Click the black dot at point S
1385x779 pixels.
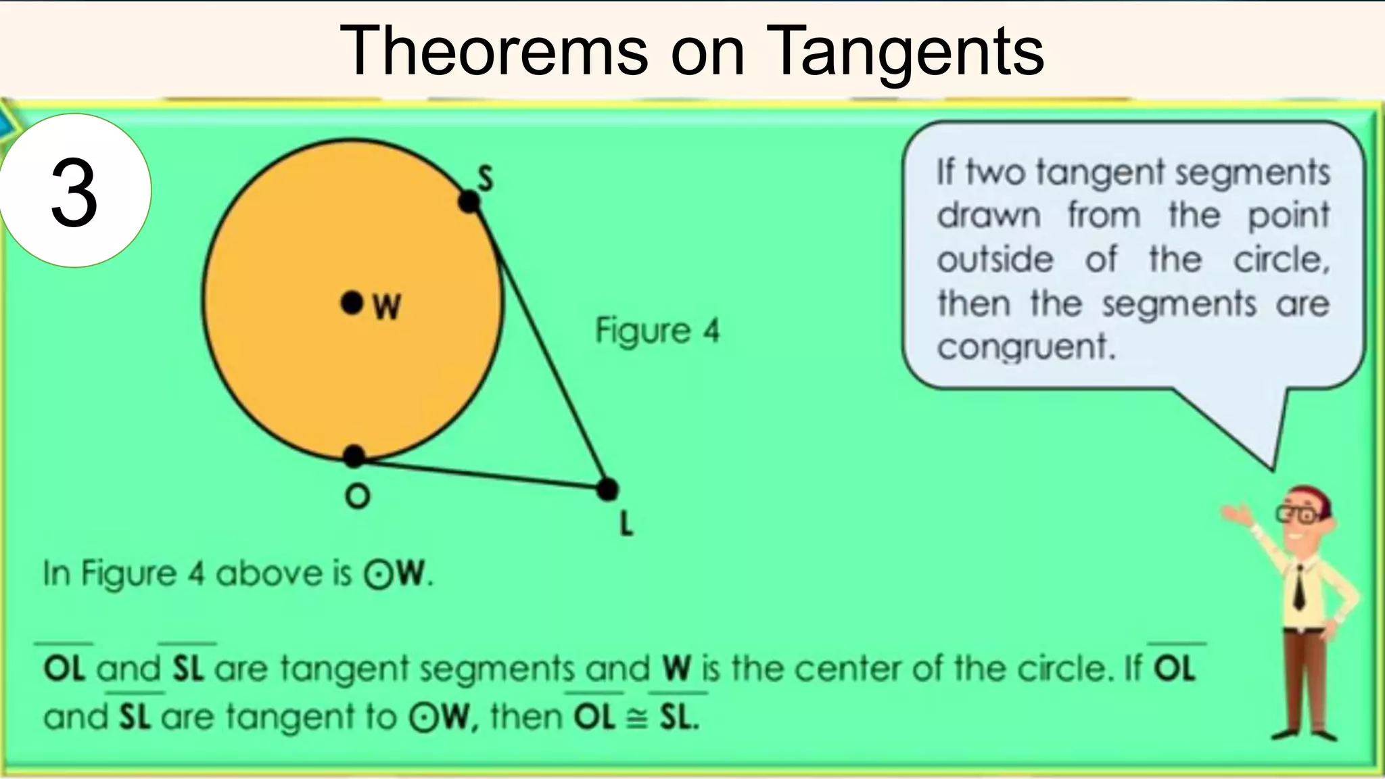[469, 202]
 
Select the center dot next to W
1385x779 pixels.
[351, 303]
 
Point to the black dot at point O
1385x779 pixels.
[354, 456]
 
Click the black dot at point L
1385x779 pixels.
[607, 489]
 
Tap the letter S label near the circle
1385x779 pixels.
[486, 179]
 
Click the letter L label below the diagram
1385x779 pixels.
[626, 523]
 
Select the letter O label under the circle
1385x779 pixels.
[357, 497]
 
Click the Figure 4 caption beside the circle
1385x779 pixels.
[657, 331]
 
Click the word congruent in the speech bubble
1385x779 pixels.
[1025, 348]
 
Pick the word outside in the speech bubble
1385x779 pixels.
[995, 260]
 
